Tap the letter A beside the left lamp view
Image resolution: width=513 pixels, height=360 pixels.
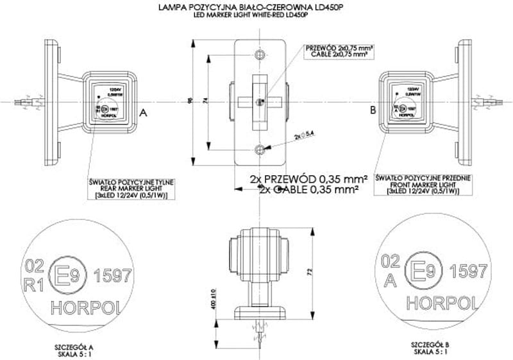(x=143, y=112)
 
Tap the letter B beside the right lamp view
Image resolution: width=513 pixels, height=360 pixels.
(x=373, y=111)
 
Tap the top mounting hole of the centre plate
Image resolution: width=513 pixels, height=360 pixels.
(x=259, y=53)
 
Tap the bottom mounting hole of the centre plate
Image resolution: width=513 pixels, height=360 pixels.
(x=259, y=149)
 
